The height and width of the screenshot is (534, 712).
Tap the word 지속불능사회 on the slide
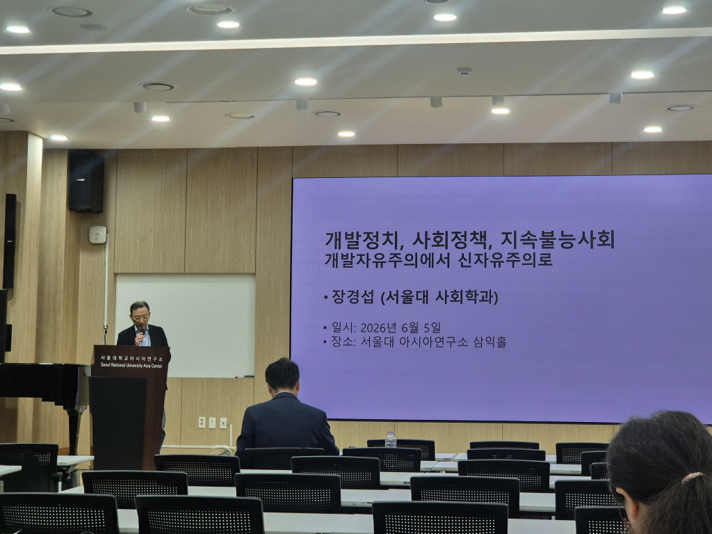tap(558, 240)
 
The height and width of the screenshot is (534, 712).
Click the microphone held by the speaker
tap(142, 335)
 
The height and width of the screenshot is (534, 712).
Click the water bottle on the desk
tap(391, 440)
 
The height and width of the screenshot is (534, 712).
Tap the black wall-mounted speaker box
tap(86, 181)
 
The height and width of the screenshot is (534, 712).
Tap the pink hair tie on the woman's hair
tap(692, 477)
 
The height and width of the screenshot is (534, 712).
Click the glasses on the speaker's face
tap(140, 317)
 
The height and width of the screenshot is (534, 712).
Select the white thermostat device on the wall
tap(97, 235)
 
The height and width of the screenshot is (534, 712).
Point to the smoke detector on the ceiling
tap(464, 72)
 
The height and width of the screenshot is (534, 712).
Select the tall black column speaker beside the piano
tap(10, 241)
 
